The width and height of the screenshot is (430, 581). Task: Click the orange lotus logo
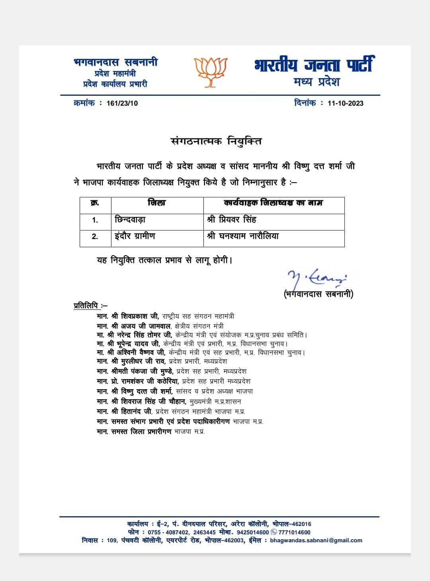210,72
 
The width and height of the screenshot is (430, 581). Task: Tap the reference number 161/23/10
122,103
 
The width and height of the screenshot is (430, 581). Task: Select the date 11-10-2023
345,103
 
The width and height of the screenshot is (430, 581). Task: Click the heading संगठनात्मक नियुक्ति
216,141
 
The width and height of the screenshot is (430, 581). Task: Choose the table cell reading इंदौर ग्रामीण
135,236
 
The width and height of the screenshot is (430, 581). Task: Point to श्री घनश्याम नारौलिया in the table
243,236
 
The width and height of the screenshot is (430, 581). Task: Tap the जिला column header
156,203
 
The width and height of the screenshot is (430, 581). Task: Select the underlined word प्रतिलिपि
86,306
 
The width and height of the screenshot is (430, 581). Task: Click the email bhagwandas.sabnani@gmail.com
316,540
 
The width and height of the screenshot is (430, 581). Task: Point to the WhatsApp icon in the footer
274,532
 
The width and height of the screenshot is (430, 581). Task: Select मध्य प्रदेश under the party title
317,82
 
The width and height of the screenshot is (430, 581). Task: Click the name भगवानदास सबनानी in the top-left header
115,62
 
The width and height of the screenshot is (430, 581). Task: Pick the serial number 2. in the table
95,236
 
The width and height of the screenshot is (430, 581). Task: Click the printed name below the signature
319,294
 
